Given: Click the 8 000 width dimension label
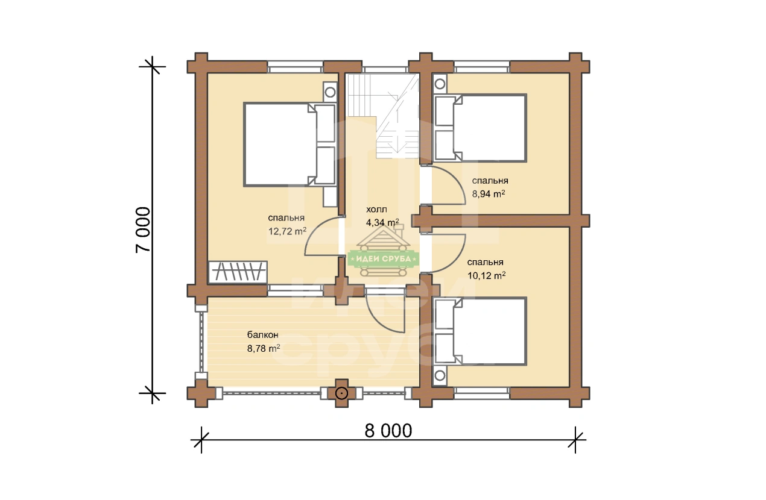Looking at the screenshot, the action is pyautogui.click(x=388, y=431).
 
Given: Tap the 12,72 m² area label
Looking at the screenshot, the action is pyautogui.click(x=287, y=231).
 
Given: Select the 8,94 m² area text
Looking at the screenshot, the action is pyautogui.click(x=489, y=193).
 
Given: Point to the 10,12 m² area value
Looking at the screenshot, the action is pyautogui.click(x=486, y=275).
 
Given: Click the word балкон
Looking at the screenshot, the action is pyautogui.click(x=262, y=335).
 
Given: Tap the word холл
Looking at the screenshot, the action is pyautogui.click(x=376, y=209).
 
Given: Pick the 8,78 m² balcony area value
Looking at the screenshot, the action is pyautogui.click(x=264, y=348).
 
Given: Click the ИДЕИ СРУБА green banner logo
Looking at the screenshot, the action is pyautogui.click(x=384, y=259).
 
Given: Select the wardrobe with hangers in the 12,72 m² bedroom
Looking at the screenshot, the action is pyautogui.click(x=238, y=272).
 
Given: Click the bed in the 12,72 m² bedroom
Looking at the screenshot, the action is pyautogui.click(x=290, y=145).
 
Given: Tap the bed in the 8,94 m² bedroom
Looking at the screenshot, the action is pyautogui.click(x=480, y=128).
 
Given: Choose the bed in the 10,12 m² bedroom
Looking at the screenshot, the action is pyautogui.click(x=480, y=331).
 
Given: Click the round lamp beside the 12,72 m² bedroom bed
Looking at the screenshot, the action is pyautogui.click(x=330, y=92).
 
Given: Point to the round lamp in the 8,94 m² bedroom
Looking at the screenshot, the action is pyautogui.click(x=440, y=84).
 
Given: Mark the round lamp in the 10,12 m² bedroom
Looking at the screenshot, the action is pyautogui.click(x=440, y=375).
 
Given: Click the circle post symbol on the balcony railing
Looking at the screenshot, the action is pyautogui.click(x=341, y=393).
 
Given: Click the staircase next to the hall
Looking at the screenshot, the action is pyautogui.click(x=383, y=116).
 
